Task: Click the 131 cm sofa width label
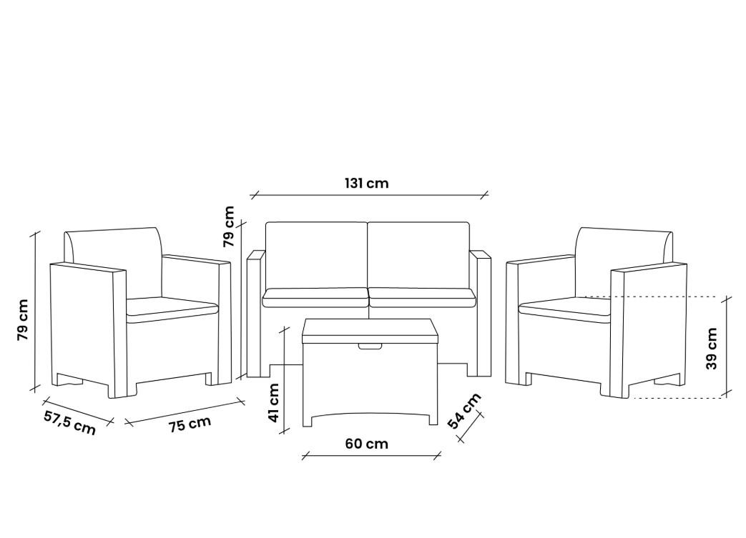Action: [366, 183]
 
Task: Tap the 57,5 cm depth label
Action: [69, 422]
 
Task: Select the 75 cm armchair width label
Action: [190, 424]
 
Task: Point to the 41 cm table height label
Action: [274, 402]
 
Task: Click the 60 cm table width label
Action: [366, 444]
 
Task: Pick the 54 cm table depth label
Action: [465, 411]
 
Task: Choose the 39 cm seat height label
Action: [711, 348]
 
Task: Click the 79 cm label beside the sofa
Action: [229, 226]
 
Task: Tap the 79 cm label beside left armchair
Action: [23, 319]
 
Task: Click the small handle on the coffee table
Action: [370, 347]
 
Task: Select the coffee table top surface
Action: [369, 329]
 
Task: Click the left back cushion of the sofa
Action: [316, 254]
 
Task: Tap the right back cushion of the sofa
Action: [418, 254]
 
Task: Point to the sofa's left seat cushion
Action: [315, 297]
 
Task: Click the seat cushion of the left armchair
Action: [172, 307]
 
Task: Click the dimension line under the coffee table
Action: [370, 455]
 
